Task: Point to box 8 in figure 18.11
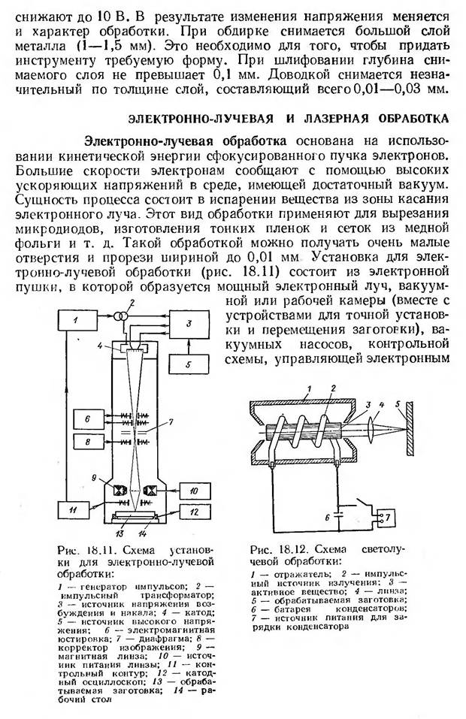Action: [88, 443]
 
